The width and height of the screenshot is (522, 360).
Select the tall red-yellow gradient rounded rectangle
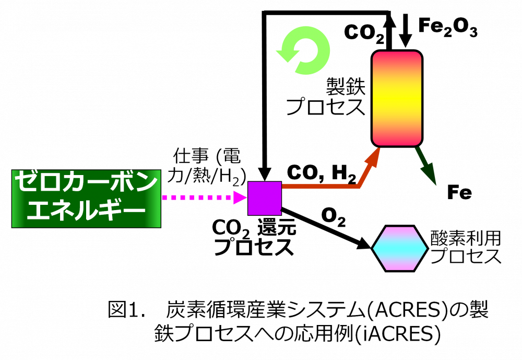pos(397,98)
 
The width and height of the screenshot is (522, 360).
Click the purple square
pos(265,198)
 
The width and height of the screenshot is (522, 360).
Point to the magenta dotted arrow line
pos(196,198)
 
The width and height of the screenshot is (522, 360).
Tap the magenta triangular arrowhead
pos(239,198)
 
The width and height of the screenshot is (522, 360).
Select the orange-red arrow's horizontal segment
pos(318,186)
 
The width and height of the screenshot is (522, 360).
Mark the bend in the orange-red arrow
pos(359,185)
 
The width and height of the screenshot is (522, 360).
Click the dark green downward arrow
pos(426,167)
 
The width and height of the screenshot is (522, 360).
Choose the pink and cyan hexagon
pos(400,249)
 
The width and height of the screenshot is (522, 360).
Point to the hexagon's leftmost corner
pos(374,249)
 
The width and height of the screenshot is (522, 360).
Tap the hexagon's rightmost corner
pos(425,249)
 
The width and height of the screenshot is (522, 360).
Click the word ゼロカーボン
pos(86,183)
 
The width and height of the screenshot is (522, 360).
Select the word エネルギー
pos(86,212)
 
